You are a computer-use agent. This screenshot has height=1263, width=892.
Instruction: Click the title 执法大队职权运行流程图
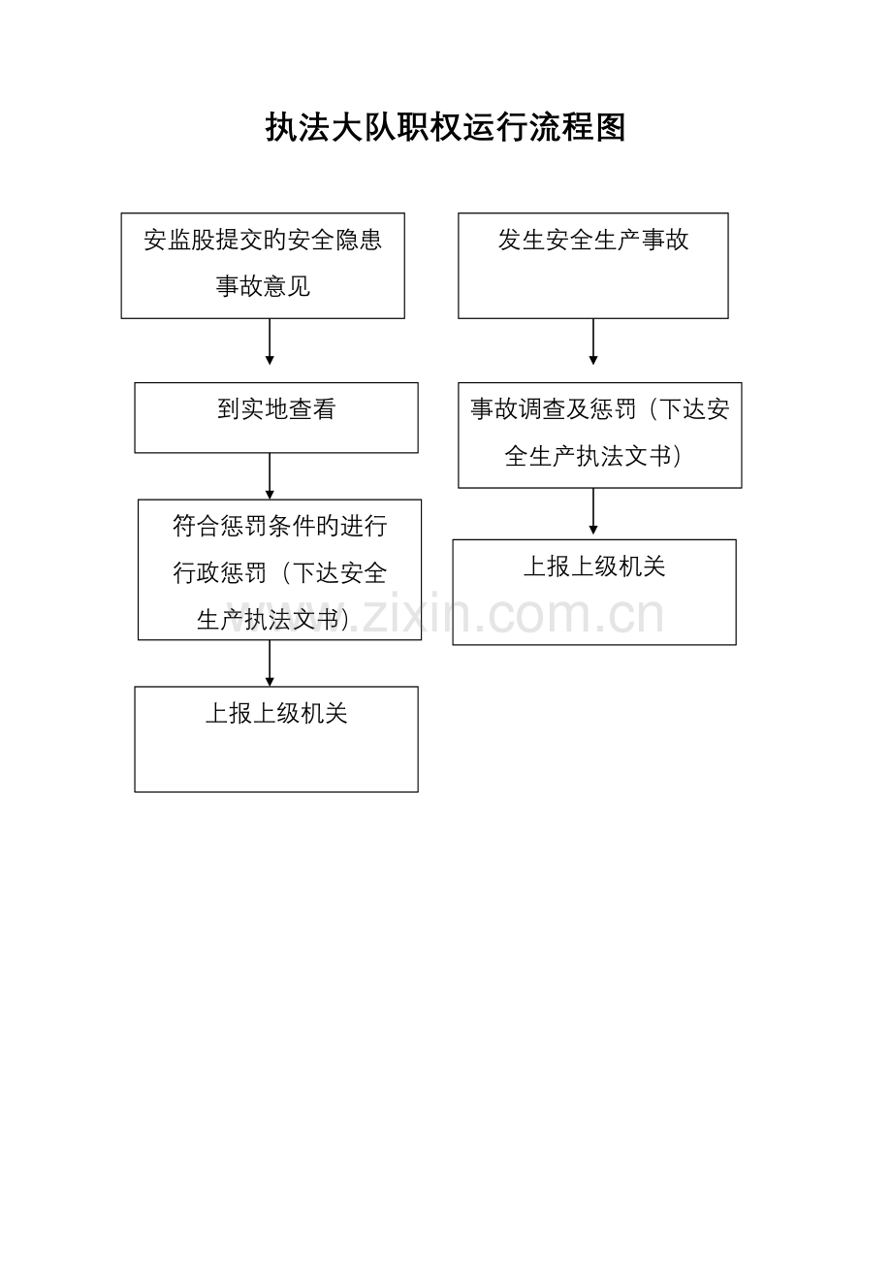coord(446,128)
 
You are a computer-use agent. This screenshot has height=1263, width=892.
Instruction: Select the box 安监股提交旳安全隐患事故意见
coord(263,266)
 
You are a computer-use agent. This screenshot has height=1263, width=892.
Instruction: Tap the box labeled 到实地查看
coord(276,417)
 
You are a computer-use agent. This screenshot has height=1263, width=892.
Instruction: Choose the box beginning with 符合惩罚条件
coord(279,569)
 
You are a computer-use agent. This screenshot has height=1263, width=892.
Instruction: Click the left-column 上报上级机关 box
coord(276,739)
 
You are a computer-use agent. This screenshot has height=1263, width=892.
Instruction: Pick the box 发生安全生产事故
coord(593,266)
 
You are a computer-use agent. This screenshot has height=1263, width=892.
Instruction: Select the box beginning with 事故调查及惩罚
coord(600,435)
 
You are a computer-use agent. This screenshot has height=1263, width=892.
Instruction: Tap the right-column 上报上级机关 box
coord(594,592)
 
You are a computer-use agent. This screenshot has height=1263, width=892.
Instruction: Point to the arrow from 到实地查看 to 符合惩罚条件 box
coord(270,476)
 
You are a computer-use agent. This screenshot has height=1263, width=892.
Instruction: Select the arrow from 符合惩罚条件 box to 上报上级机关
coord(270,664)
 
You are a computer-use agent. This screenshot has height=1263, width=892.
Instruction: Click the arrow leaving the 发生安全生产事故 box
coord(593,341)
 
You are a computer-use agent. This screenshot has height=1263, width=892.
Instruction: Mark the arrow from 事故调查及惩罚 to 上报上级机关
coord(593,511)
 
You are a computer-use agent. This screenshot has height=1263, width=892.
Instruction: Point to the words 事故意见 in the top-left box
coord(263,287)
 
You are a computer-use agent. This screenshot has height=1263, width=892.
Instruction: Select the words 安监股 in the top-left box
coord(179,241)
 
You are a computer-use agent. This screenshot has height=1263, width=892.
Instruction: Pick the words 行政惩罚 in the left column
coord(220,573)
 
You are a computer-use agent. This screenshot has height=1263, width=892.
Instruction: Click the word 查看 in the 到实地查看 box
coord(312,409)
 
